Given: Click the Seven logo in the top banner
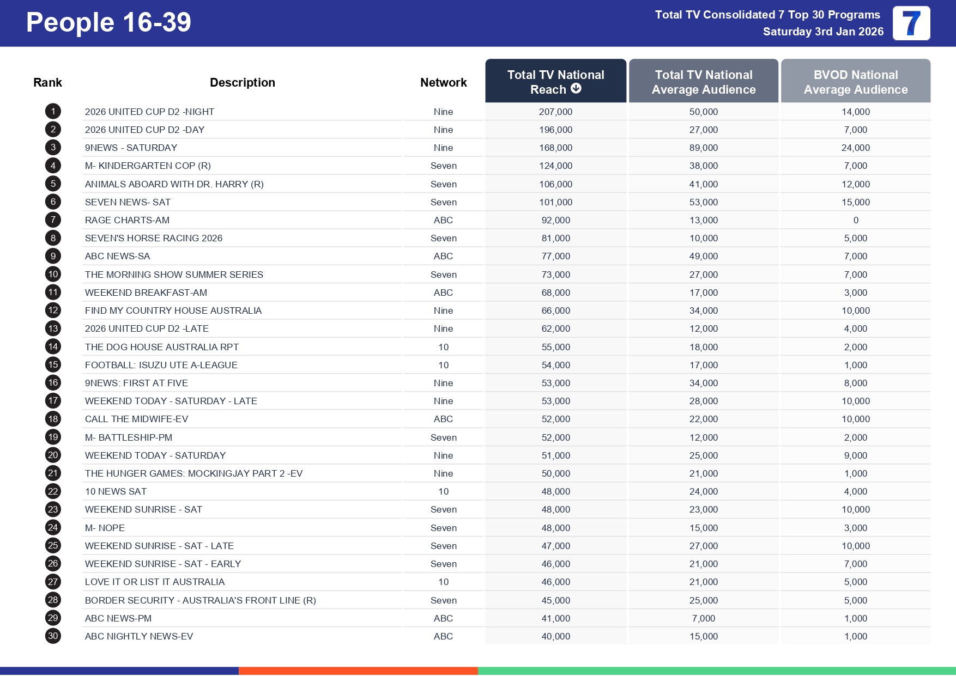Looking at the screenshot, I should click(911, 23).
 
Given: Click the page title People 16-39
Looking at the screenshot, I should click(108, 23).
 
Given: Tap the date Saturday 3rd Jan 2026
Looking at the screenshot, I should click(823, 32).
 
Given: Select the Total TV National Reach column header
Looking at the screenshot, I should click(555, 82).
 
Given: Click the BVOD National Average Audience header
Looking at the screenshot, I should click(855, 82).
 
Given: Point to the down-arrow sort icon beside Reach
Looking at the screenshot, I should click(576, 89).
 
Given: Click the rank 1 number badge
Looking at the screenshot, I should click(53, 112).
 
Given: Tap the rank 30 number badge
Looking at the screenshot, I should click(53, 636).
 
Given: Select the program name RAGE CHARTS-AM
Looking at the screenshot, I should click(127, 220).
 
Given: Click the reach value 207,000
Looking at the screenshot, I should click(555, 112).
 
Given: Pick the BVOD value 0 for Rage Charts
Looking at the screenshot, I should click(856, 220).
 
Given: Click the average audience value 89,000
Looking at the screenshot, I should click(703, 148).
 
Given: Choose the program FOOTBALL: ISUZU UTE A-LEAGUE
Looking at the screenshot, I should click(161, 365).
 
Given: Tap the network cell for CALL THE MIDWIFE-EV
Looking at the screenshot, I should click(443, 419).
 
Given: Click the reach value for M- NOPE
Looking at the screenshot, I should click(555, 528).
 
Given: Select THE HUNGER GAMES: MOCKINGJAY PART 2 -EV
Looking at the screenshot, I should click(193, 473).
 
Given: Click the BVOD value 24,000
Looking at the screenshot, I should click(855, 148).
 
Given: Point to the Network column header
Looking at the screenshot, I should click(443, 82).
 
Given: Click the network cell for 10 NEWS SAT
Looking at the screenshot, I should click(443, 491).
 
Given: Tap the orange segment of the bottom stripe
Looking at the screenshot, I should click(358, 671).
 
